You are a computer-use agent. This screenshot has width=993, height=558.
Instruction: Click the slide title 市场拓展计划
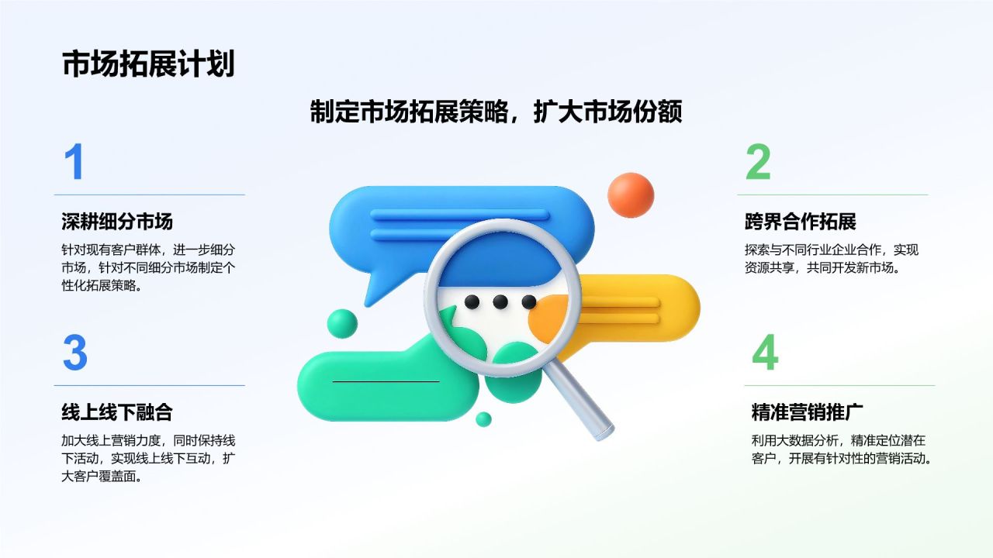(x=148, y=64)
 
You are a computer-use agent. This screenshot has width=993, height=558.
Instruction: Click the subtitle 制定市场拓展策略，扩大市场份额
(x=496, y=111)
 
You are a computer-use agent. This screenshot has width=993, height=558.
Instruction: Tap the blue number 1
(x=74, y=162)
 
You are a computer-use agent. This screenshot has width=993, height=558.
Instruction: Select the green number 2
(x=758, y=162)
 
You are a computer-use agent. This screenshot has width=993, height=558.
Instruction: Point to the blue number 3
(x=75, y=353)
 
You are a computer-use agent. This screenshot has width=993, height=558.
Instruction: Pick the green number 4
(x=765, y=353)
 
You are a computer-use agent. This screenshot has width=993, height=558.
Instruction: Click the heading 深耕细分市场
(x=117, y=222)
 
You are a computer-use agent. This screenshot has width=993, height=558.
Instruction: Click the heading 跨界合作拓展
(x=800, y=222)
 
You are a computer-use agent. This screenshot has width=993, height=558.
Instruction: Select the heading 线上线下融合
(x=117, y=412)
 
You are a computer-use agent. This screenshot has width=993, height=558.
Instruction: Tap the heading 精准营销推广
(x=808, y=412)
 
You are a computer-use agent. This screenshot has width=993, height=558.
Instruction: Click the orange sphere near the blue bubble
(x=631, y=195)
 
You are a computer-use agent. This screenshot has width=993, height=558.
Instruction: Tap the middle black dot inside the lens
(x=500, y=302)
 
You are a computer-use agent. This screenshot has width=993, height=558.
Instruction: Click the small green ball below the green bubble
(x=483, y=419)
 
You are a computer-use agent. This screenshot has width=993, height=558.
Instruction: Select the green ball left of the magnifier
(x=342, y=324)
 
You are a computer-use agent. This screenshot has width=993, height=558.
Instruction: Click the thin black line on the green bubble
(x=386, y=381)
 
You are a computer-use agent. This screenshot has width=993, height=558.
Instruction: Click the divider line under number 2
(x=832, y=195)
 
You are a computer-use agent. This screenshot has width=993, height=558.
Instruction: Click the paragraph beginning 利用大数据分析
(x=841, y=449)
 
